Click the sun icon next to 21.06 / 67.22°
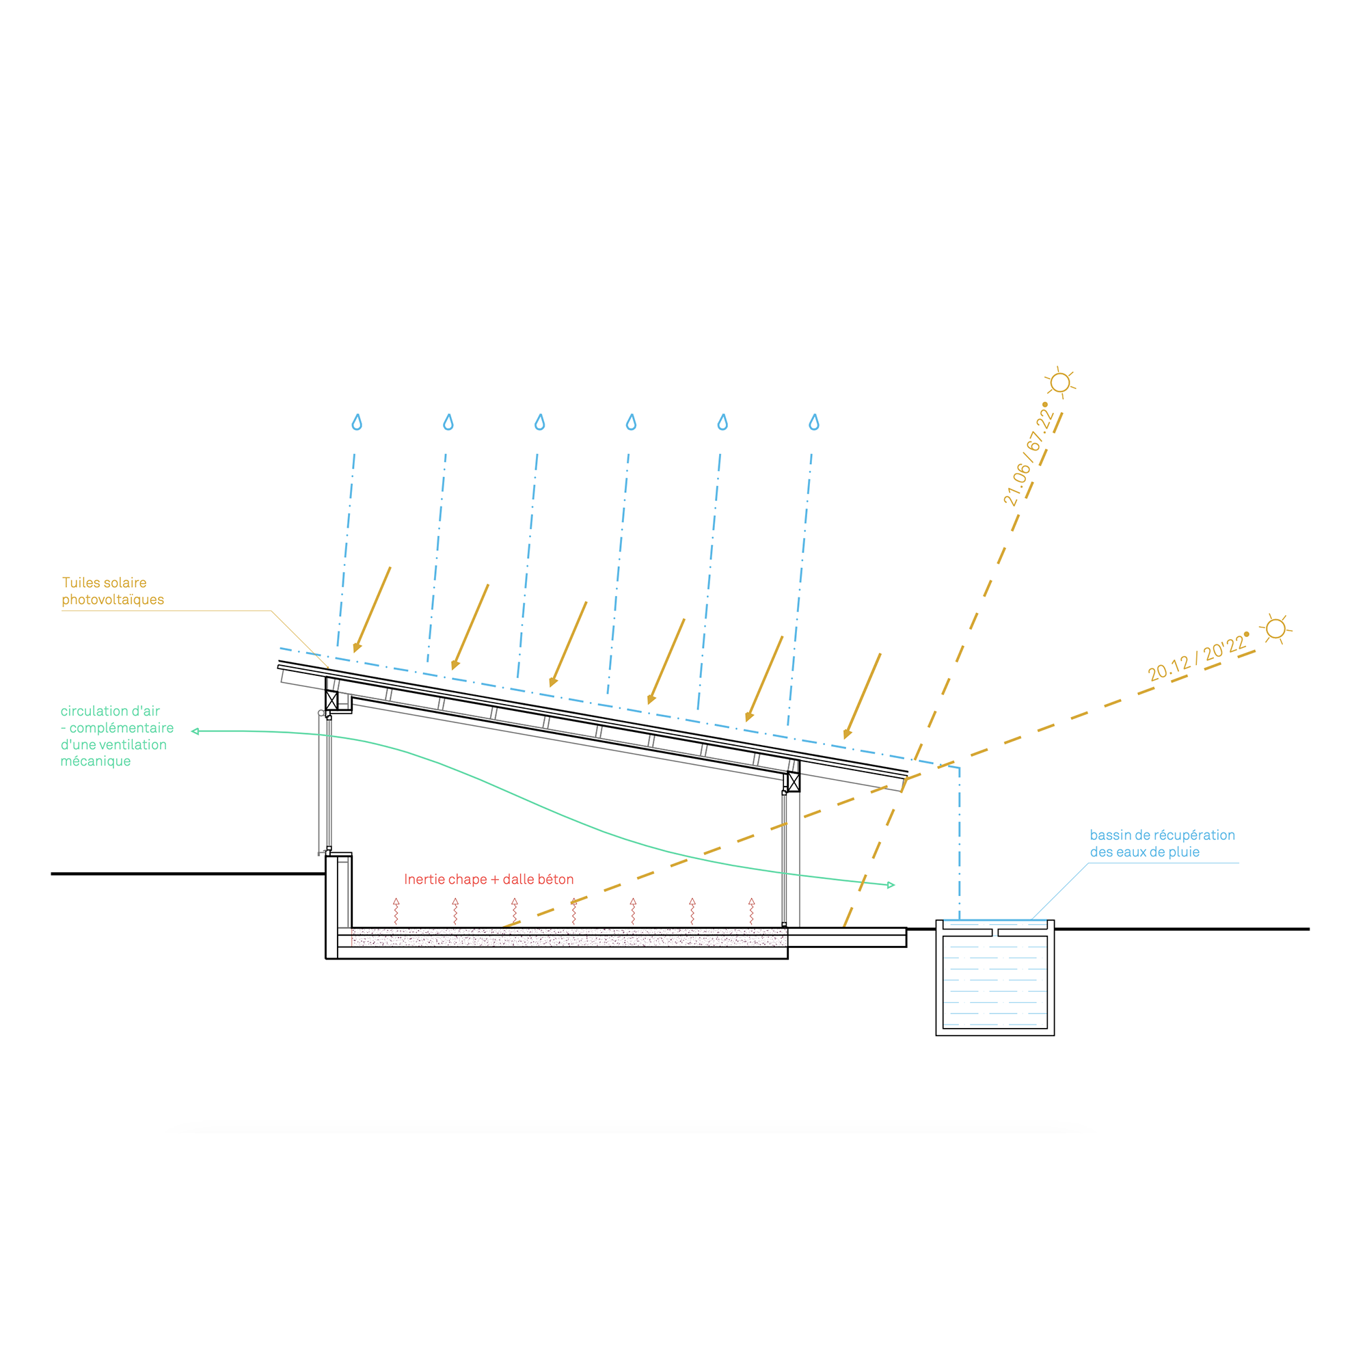click(1060, 383)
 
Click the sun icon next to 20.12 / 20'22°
click(1275, 628)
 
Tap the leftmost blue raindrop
click(357, 422)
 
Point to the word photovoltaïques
click(113, 600)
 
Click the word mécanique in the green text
click(96, 761)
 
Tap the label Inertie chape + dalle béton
click(489, 880)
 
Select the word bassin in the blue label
click(1110, 835)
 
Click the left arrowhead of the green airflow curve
click(195, 731)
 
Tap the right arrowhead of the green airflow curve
click(891, 885)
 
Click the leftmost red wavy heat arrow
click(396, 911)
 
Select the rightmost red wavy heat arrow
click(751, 911)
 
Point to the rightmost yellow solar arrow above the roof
click(863, 696)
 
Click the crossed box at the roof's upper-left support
click(331, 701)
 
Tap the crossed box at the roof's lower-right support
click(794, 782)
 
